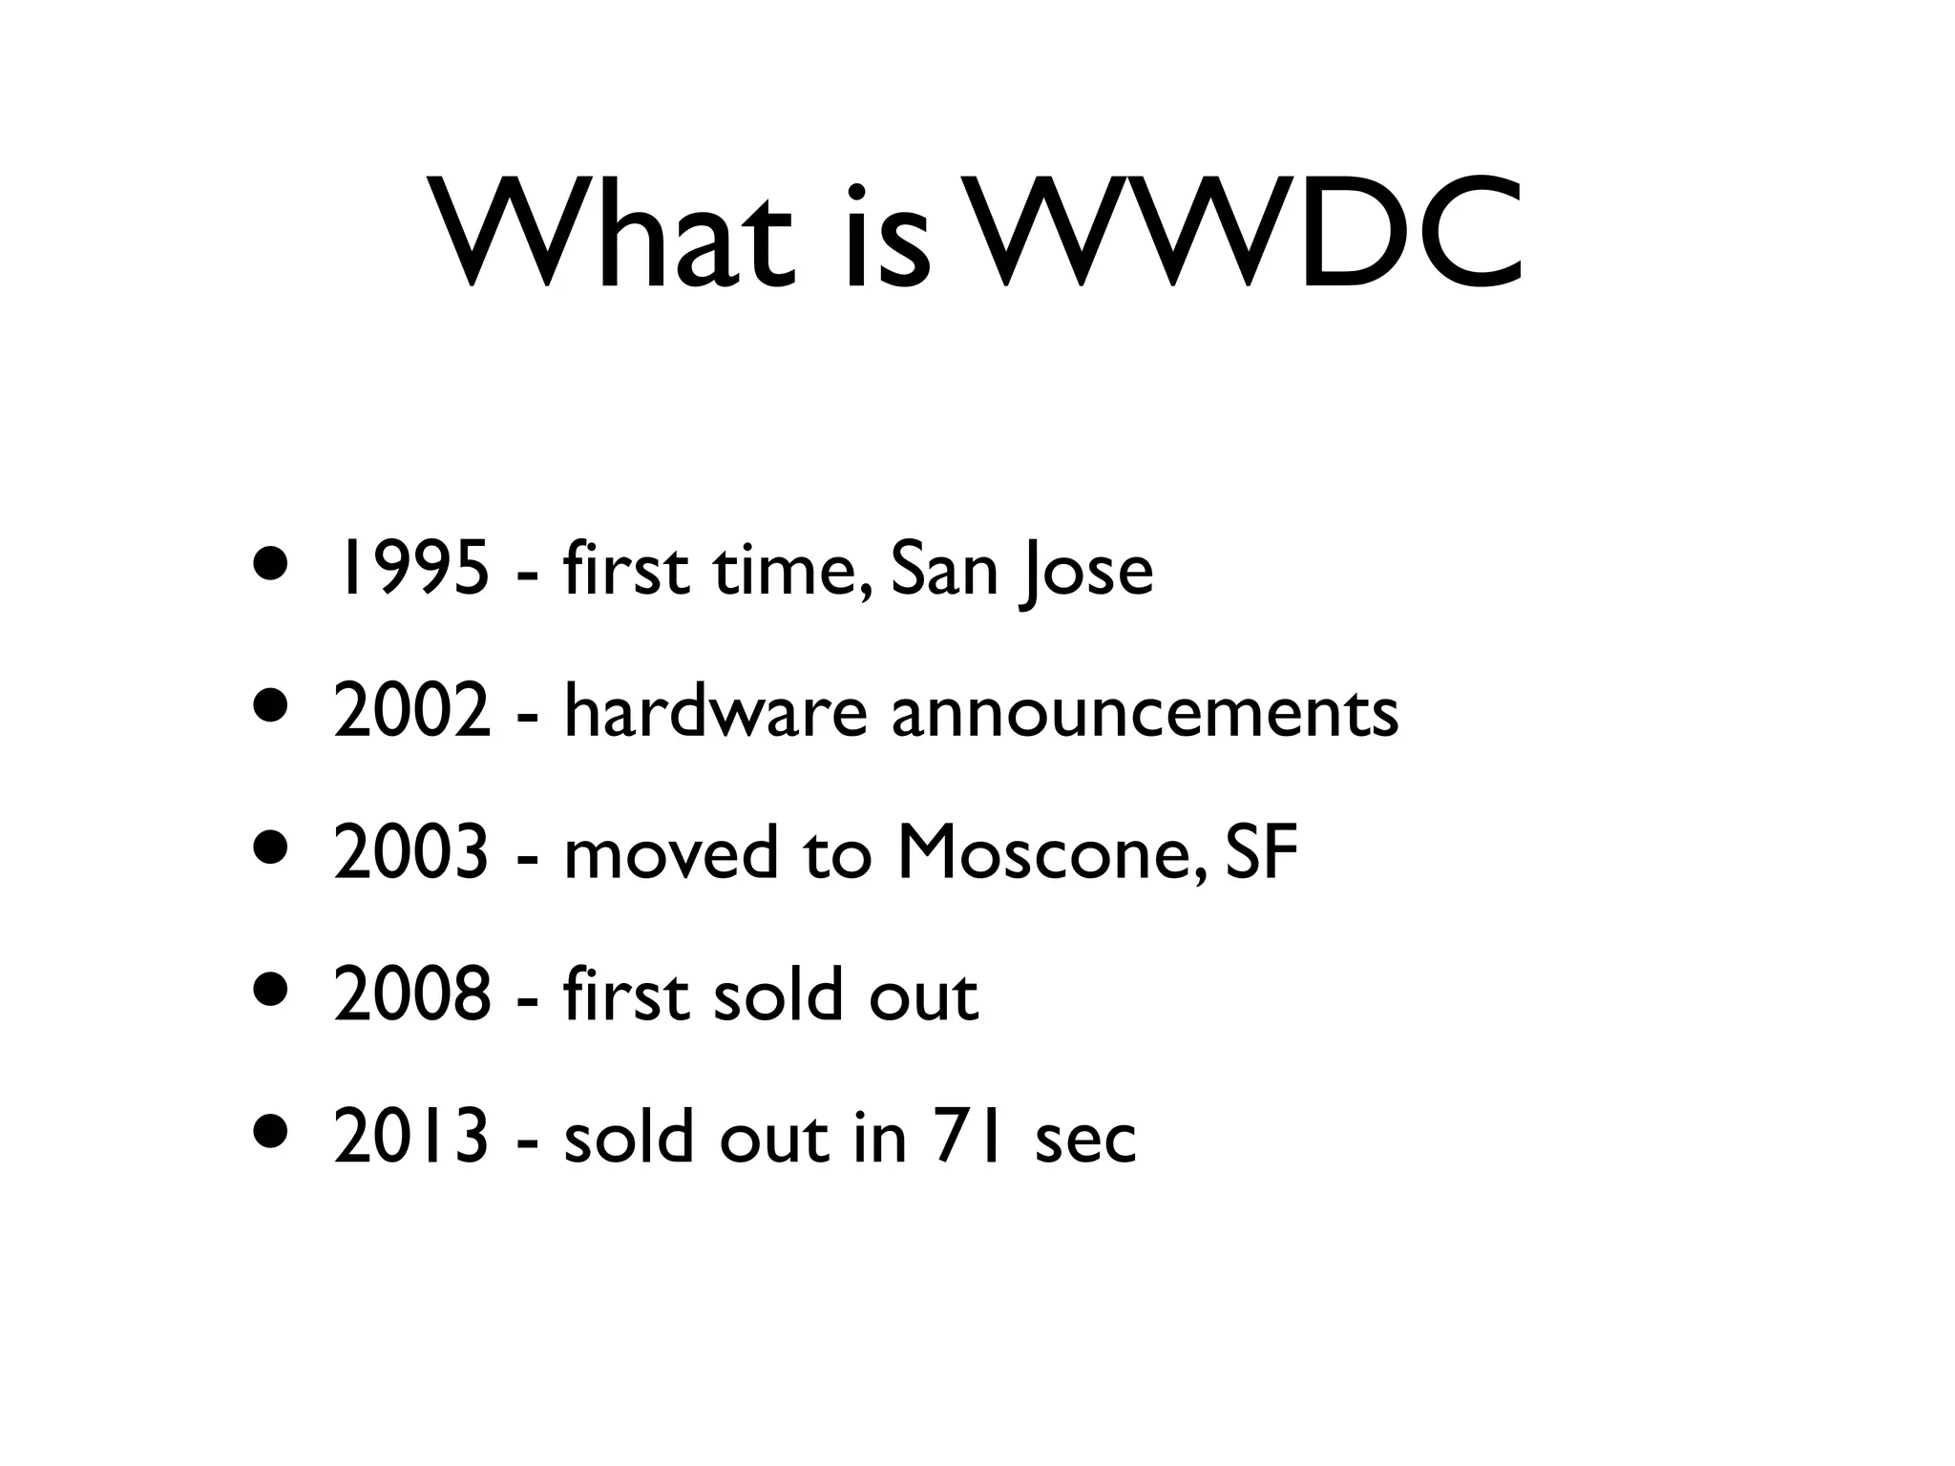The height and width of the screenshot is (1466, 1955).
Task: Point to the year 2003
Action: [x=412, y=852]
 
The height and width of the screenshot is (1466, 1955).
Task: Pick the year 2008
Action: [x=413, y=995]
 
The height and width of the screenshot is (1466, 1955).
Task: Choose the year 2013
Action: [x=412, y=1137]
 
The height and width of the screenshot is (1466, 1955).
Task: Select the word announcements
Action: [x=1145, y=713]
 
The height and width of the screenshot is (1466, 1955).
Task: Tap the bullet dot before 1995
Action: [x=269, y=562]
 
